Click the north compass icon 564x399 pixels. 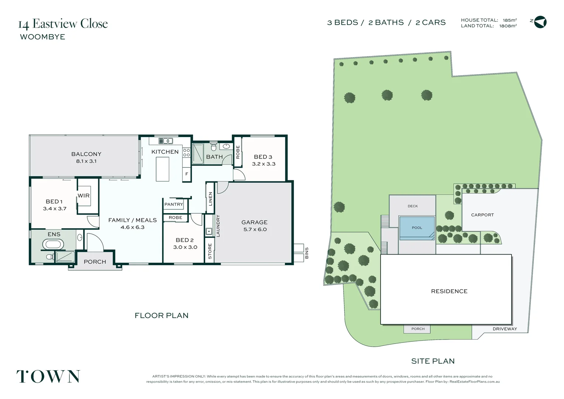pos(540,22)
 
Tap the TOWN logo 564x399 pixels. pos(48,376)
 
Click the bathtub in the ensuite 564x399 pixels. pos(53,244)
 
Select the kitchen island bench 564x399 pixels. pos(162,169)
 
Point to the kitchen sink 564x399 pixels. pos(166,141)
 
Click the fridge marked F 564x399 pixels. pos(187,174)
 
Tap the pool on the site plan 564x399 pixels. pos(417,228)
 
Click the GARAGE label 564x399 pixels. pos(254,222)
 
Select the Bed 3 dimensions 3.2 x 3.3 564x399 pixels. pos(264,164)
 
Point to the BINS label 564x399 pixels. pos(306,253)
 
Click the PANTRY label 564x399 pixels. pos(174,204)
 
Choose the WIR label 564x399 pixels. pos(84,195)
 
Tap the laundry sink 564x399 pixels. pos(209,232)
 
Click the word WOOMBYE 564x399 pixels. pos(42,37)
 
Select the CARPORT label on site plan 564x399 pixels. pos(482,215)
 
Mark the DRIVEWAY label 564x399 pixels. pos(505,329)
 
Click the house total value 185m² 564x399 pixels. pos(510,20)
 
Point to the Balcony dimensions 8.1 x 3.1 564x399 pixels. pos(86,161)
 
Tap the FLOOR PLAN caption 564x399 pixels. pos(161,316)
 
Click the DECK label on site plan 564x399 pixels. pos(413,206)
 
